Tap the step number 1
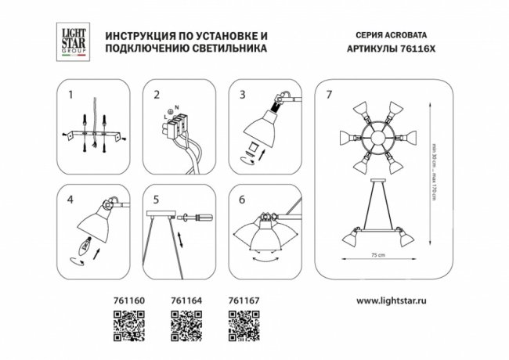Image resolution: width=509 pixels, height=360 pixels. [70, 96]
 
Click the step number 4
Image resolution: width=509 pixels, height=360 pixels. [70, 199]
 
